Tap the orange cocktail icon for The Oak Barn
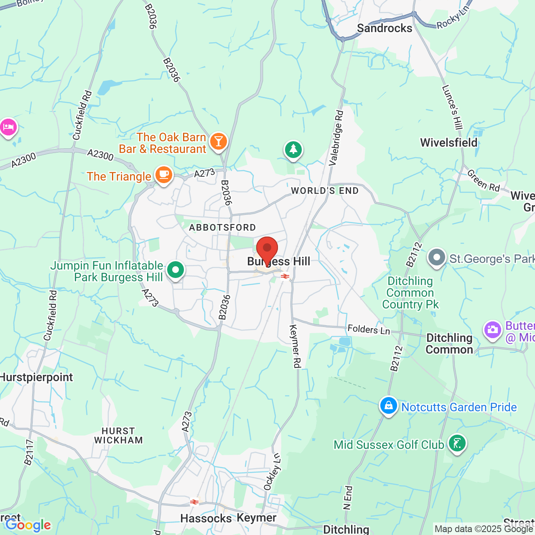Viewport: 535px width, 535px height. pos(218,141)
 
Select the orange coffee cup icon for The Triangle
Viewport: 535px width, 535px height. pos(163,175)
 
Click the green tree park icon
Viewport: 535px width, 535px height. pos(293,150)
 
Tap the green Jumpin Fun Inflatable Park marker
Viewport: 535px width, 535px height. pos(176,270)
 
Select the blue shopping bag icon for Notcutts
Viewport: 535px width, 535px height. pos(389,405)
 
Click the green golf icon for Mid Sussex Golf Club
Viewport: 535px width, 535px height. pos(457,443)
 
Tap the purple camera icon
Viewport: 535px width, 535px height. pos(493,330)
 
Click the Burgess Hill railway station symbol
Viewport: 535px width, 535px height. pos(285,276)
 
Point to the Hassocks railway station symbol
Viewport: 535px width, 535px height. pos(194,502)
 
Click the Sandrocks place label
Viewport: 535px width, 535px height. pos(385,28)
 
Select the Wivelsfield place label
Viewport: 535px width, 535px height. pos(448,143)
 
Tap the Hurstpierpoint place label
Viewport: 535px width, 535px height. pos(37,377)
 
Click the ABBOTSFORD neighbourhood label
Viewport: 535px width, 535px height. pos(222,227)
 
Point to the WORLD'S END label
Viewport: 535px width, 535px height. pos(325,191)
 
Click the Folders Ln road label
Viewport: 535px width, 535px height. pos(369,330)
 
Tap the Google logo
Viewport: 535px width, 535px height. pos(28,525)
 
